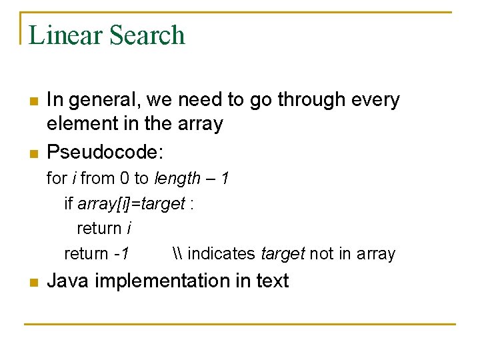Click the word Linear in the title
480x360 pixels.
65,35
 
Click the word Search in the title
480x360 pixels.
146,35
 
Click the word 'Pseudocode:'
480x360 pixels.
105,153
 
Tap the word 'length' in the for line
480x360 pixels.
177,179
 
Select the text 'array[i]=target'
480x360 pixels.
131,203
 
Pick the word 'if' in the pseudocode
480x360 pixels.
69,203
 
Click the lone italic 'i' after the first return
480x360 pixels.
128,229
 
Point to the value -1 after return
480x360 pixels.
121,254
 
